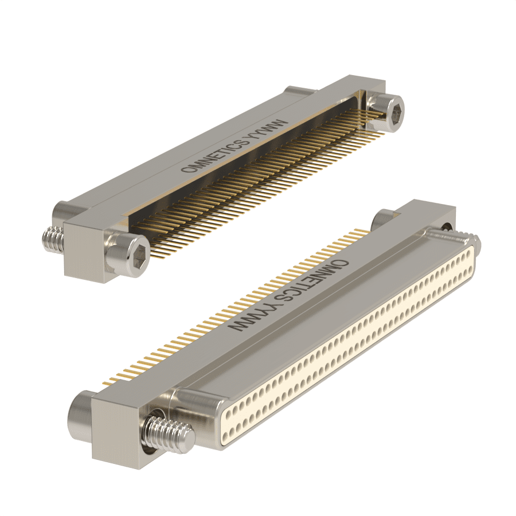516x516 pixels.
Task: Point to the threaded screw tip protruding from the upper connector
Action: [53, 240]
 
